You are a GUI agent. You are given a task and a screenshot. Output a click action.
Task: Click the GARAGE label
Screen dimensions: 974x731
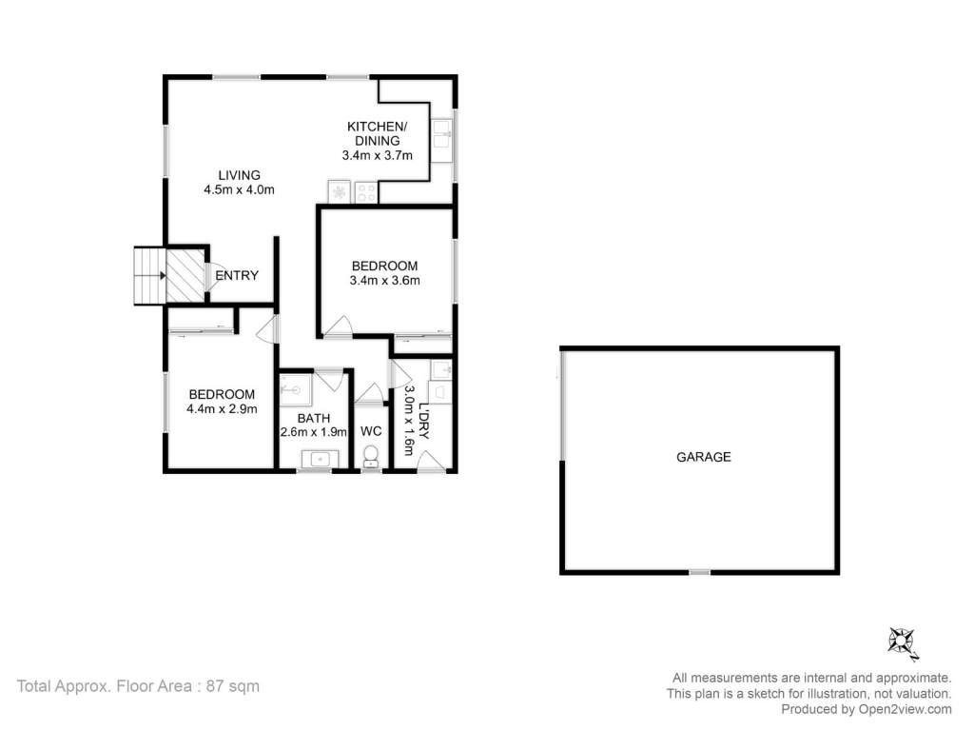[x=703, y=457]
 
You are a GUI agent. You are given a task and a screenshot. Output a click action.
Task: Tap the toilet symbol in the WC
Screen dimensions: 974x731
[x=371, y=456]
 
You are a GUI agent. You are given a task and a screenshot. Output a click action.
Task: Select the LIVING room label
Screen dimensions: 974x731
[x=239, y=175]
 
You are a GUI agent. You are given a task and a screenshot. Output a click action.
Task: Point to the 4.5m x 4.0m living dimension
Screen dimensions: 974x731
[x=239, y=190]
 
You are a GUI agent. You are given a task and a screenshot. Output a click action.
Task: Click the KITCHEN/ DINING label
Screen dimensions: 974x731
[x=377, y=133]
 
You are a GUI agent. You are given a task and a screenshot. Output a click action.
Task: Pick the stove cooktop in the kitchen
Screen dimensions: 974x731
[x=365, y=192]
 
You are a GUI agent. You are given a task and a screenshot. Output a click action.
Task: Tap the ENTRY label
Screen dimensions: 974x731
[x=237, y=275]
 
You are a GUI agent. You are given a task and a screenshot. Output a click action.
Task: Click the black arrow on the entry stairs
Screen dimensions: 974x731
[x=162, y=275]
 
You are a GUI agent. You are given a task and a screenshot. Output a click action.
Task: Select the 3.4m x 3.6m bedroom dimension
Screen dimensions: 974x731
[x=384, y=281]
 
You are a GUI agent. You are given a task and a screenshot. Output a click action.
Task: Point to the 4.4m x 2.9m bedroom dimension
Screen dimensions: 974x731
[x=222, y=409]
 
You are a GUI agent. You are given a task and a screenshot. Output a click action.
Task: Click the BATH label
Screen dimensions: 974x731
[x=314, y=419]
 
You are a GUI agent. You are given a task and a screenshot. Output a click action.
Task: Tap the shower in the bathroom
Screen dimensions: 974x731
[x=295, y=389]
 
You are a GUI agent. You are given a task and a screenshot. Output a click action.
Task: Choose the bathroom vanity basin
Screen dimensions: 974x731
[x=321, y=460]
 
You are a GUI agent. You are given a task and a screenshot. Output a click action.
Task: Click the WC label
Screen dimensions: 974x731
[x=371, y=431]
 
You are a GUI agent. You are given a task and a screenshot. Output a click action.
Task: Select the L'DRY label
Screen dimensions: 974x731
[x=423, y=422]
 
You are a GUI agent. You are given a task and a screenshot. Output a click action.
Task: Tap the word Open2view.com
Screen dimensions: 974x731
[x=906, y=709]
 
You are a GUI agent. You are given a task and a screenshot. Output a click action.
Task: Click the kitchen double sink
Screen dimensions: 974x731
[x=443, y=140]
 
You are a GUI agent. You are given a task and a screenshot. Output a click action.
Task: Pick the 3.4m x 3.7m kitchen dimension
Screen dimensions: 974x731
[x=377, y=155]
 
